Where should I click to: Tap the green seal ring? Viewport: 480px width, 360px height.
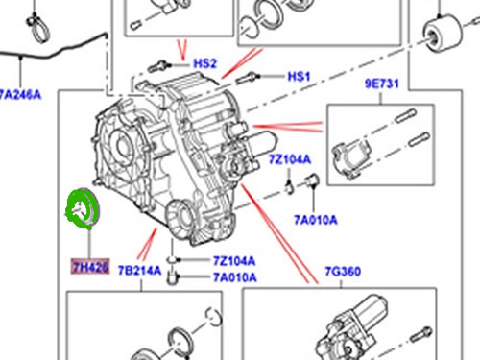click(x=84, y=210)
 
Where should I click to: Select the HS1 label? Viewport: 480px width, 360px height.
click(x=300, y=76)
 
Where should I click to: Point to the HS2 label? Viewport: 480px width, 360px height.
click(x=205, y=64)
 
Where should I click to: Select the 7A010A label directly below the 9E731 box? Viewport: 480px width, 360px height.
click(x=316, y=220)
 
